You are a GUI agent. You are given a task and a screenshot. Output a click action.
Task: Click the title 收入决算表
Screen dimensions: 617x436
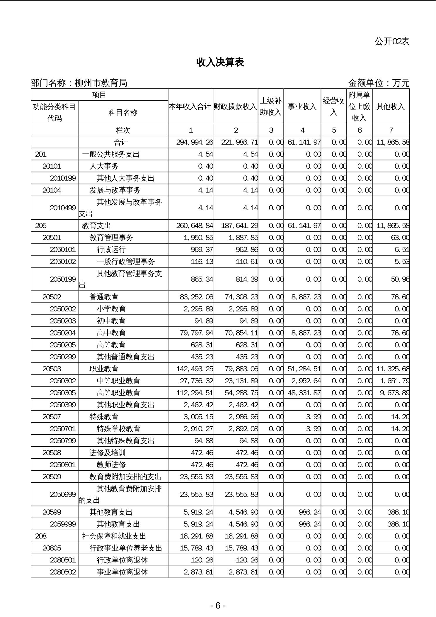coord(220,62)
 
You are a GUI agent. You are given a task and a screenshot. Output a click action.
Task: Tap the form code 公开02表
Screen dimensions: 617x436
coord(392,42)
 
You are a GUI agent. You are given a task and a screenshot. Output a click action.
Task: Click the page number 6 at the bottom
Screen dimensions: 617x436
coord(218,605)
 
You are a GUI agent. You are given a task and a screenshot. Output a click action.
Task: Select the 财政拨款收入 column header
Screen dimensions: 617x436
coord(235,106)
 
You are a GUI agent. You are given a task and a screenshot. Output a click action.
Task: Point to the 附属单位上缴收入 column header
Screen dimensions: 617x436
coord(359,106)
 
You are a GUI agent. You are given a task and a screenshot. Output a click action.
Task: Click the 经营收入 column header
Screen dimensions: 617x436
coord(333,106)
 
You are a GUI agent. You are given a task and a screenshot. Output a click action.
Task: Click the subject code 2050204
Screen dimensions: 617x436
coord(63,333)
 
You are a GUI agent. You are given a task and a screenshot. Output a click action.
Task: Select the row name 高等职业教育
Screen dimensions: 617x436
coord(118,393)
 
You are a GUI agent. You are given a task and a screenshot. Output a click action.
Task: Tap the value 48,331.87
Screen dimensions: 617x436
coord(304,393)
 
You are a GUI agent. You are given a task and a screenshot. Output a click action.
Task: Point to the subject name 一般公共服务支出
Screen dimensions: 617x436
coord(111,154)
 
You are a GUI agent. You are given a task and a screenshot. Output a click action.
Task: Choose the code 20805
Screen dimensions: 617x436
coord(52,548)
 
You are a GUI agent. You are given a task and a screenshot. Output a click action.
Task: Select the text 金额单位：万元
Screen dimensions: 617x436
coord(379,83)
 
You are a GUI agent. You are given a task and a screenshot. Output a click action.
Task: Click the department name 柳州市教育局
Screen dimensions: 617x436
coord(101,83)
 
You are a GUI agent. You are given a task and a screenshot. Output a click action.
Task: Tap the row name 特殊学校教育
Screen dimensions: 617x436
coord(118,429)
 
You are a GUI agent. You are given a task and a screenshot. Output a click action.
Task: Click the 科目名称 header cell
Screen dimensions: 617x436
coord(123,112)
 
